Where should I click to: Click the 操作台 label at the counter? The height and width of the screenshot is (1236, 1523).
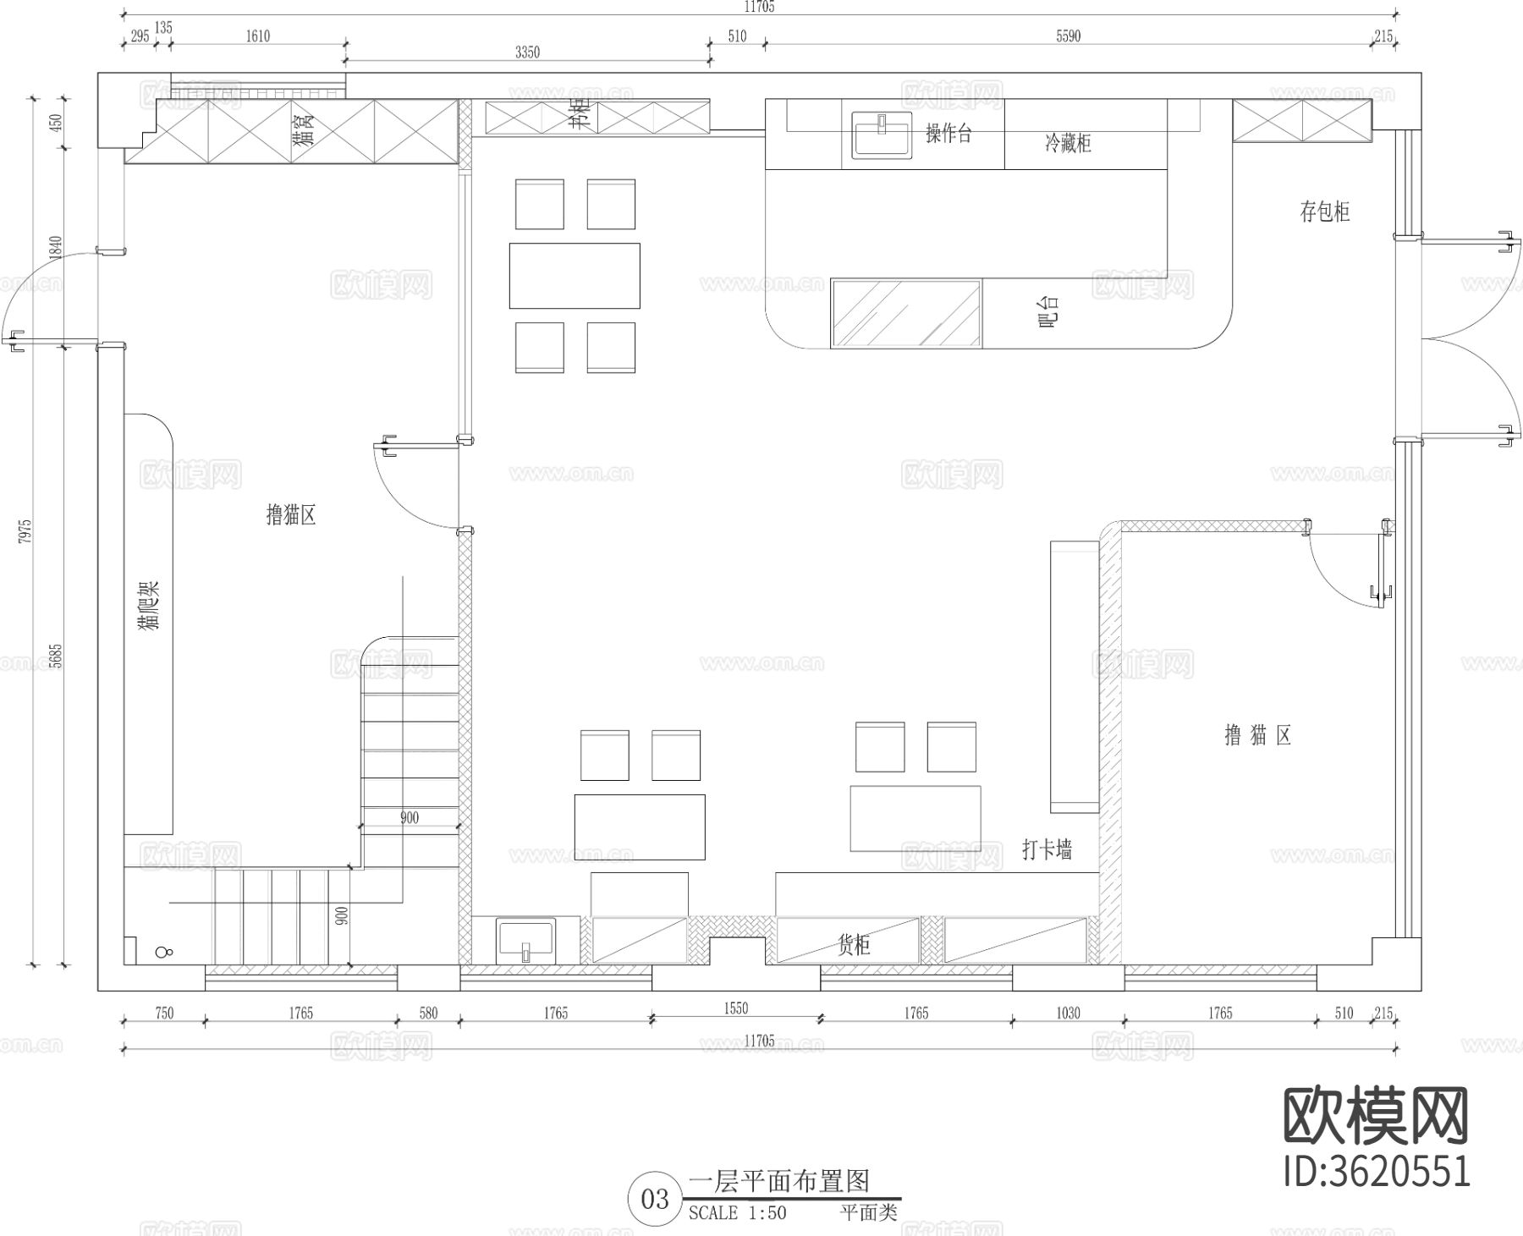coord(948,134)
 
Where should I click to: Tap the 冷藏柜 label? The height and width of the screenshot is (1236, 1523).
coord(1068,143)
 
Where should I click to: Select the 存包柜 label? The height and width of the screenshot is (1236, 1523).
coord(1324,211)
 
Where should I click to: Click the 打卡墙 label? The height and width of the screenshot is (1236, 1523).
coord(1047,849)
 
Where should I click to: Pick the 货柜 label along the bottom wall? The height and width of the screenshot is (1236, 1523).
coord(854,944)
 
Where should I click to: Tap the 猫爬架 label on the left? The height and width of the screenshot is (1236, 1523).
coord(149,604)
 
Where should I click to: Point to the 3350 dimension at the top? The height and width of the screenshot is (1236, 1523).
coord(527,52)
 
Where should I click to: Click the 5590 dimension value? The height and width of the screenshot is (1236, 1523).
coord(1069,36)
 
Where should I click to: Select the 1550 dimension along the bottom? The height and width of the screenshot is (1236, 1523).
coord(736,1008)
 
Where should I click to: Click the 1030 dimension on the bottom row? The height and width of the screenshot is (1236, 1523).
coord(1068,1013)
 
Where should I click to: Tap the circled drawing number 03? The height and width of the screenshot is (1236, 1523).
coord(655,1199)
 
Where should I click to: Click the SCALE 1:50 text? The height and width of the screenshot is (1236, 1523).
coord(737,1213)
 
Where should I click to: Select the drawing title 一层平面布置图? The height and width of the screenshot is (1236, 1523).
coord(779,1181)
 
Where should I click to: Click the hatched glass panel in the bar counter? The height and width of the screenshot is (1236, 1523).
coord(906,313)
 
